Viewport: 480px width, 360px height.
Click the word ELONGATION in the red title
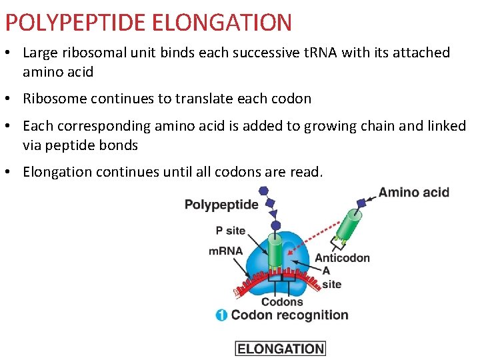(x=222, y=23)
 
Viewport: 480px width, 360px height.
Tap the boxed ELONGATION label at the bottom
(x=280, y=348)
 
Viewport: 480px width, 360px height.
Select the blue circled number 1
(x=221, y=315)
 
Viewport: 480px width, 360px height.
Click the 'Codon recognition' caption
(x=290, y=315)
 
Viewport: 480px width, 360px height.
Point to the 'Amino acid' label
(x=414, y=193)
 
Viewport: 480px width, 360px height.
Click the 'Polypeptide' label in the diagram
(x=221, y=205)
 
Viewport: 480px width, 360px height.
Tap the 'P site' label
(x=231, y=231)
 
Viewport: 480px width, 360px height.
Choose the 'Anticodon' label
(x=342, y=258)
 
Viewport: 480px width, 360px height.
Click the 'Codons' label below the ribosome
(x=282, y=302)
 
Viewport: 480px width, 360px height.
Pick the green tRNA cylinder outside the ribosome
(x=348, y=224)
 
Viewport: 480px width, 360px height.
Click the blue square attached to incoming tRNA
(x=361, y=203)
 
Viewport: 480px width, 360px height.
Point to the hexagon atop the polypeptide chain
(x=263, y=191)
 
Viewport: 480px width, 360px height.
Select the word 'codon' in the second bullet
(x=291, y=99)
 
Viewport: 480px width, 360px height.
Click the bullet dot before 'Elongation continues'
(x=13, y=173)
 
